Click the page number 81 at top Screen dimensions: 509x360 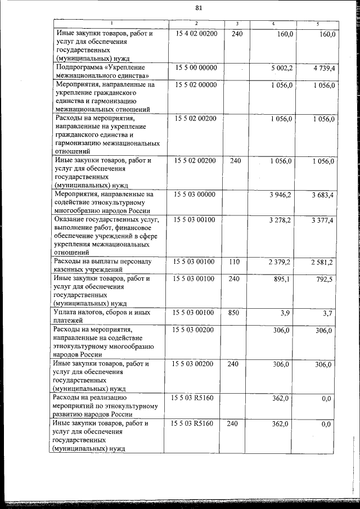coord(198,8)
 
